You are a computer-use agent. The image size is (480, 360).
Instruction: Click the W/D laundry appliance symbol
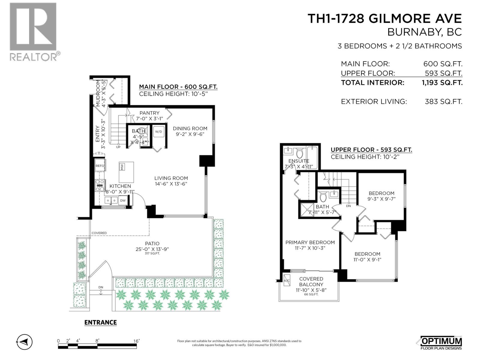tap(158, 132)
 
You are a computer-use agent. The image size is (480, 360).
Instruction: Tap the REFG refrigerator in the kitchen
tap(100, 166)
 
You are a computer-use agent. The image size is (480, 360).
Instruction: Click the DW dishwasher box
tap(123, 200)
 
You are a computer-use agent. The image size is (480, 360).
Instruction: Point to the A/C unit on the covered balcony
tap(287, 280)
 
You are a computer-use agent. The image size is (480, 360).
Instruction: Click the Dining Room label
tap(190, 128)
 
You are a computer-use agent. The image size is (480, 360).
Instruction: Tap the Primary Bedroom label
tap(310, 242)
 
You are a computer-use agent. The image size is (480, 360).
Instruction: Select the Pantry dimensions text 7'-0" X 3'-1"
tap(149, 118)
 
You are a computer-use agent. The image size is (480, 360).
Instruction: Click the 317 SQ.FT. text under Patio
tap(152, 253)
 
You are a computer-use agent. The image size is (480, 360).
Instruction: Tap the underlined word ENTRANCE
tap(100, 322)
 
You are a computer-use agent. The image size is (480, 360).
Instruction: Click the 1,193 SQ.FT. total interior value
tap(442, 83)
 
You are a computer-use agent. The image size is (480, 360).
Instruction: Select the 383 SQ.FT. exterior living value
tap(443, 102)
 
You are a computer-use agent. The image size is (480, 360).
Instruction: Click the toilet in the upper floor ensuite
tap(299, 154)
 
